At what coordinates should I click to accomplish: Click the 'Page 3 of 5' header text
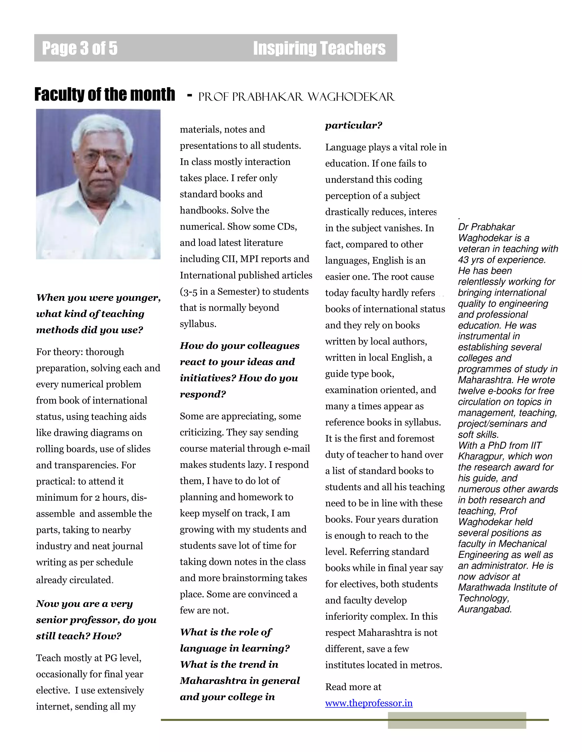(80, 48)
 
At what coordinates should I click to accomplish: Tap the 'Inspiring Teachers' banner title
(319, 48)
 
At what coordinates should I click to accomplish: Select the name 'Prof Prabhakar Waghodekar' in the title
(296, 97)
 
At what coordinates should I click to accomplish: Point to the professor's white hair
(102, 129)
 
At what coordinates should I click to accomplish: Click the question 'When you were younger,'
(98, 297)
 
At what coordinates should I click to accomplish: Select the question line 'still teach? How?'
(79, 636)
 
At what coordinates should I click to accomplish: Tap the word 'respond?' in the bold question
(203, 394)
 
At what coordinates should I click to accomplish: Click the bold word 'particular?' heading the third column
(354, 125)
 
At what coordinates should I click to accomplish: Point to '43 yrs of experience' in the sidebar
(502, 260)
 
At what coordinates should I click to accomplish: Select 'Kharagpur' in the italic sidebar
(479, 456)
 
